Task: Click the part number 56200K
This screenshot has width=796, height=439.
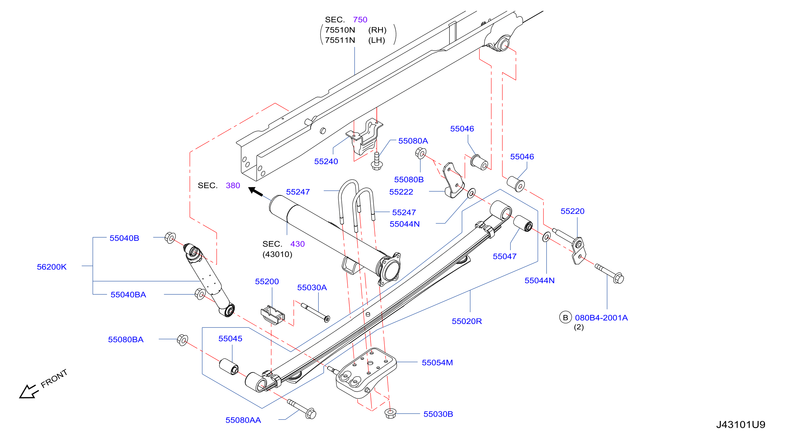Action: click(52, 267)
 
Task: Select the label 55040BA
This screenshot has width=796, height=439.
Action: click(128, 295)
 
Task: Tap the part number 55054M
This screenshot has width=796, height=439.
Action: click(437, 363)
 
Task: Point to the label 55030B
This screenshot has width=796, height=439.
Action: click(438, 414)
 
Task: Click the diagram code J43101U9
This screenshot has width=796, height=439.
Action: click(741, 425)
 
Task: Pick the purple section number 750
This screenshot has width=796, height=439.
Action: click(360, 20)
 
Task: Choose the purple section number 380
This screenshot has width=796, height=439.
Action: click(233, 185)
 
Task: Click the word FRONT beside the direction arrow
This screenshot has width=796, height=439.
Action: click(54, 379)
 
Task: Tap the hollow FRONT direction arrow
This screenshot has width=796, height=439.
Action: click(28, 392)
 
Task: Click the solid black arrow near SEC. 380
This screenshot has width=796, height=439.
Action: click(256, 191)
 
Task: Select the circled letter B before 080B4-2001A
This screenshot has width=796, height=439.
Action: click(565, 317)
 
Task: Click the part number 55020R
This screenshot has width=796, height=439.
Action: click(467, 321)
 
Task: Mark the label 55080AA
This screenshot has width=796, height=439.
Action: click(243, 420)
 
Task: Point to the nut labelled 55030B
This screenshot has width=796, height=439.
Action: click(390, 413)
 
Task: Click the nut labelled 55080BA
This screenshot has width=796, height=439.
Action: click(182, 340)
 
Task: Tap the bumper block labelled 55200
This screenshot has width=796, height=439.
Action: click(273, 315)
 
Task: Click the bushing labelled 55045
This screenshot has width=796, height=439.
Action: click(229, 367)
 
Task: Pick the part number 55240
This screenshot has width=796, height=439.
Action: click(326, 162)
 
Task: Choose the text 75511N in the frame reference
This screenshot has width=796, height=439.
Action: click(340, 40)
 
